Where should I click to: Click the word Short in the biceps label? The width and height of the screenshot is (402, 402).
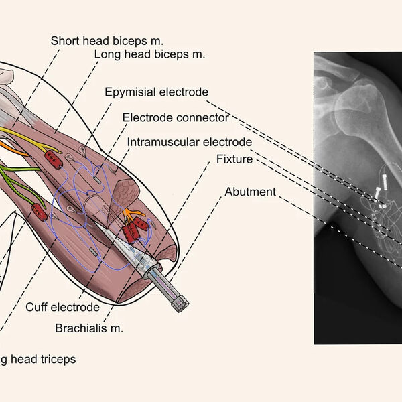pos(64,41)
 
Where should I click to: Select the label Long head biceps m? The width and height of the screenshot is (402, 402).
pos(149,54)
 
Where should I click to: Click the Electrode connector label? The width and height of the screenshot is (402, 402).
pos(176,117)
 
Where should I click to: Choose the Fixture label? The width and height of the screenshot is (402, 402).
pos(234,159)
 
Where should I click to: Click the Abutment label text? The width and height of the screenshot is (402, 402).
pos(250,192)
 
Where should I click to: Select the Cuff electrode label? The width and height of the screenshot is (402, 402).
pos(62,307)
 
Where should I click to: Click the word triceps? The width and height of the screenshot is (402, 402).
pos(58,359)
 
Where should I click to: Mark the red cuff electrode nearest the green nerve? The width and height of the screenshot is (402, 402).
pos(40,212)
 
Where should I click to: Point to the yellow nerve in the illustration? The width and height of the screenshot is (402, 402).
pos(20,134)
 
